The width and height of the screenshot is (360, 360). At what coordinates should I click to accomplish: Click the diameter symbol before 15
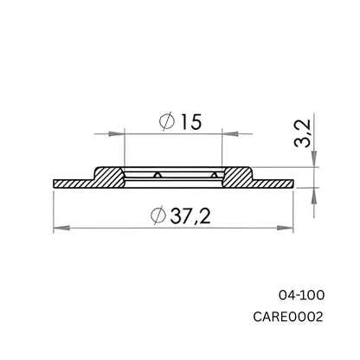pyautogui.click(x=166, y=124)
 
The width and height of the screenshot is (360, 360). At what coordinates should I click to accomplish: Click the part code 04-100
pyautogui.click(x=301, y=295)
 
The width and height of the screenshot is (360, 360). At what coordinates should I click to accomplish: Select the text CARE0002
pyautogui.click(x=289, y=317)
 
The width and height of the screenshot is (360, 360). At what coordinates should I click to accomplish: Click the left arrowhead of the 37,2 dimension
pyautogui.click(x=60, y=228)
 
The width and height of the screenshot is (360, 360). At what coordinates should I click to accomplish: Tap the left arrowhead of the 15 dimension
pyautogui.click(x=119, y=134)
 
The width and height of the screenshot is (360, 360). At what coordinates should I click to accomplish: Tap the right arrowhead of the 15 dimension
pyautogui.click(x=229, y=134)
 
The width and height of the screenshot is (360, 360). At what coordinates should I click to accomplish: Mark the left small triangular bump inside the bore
pyautogui.click(x=157, y=177)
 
